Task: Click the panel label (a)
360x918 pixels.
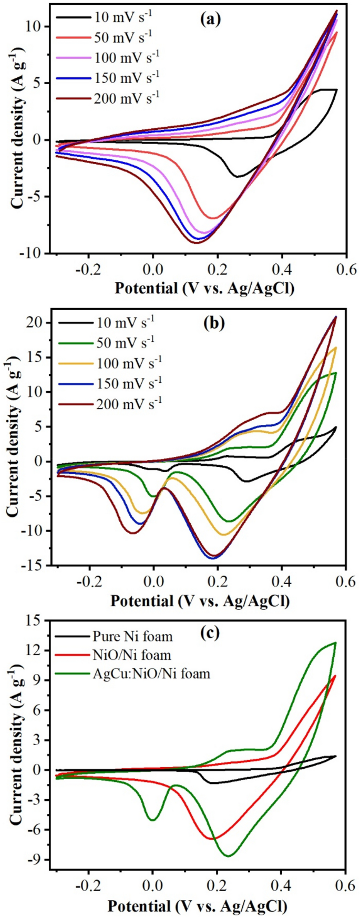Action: [x=210, y=21]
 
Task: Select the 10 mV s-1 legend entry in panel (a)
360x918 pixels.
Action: [x=123, y=17]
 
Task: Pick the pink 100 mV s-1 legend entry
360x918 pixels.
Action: [x=126, y=57]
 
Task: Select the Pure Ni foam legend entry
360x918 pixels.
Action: [x=132, y=637]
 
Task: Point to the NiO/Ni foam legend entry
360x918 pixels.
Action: [x=131, y=655]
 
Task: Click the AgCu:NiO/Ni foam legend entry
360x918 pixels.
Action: [x=151, y=673]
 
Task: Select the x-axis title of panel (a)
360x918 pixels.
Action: [x=204, y=288]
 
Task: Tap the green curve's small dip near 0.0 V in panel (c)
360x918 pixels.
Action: [x=152, y=819]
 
